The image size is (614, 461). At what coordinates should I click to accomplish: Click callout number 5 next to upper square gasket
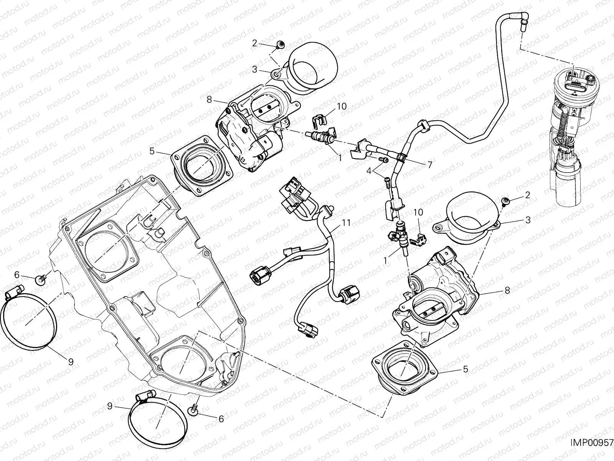(x=152, y=151)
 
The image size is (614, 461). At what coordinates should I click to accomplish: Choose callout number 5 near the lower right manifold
(x=465, y=369)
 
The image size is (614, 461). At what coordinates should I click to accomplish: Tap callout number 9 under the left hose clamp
(x=71, y=361)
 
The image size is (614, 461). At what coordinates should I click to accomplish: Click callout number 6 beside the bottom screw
(x=221, y=419)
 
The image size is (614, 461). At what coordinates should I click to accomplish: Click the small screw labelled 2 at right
(x=506, y=200)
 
